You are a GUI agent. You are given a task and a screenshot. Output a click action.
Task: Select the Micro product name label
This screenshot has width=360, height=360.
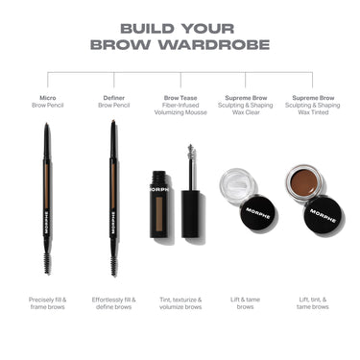(48, 97)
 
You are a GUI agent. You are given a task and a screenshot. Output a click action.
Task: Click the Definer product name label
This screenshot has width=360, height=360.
(114, 97)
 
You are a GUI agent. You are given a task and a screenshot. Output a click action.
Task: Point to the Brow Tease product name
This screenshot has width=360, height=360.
(180, 97)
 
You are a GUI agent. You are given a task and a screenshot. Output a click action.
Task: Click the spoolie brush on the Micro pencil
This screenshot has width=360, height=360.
(47, 260)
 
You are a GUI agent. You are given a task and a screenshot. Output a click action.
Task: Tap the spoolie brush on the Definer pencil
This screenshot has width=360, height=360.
(113, 260)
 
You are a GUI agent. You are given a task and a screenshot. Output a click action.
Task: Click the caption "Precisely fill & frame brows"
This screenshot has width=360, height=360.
(48, 305)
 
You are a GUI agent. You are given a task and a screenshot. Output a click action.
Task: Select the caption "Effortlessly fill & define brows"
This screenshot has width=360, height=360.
(114, 305)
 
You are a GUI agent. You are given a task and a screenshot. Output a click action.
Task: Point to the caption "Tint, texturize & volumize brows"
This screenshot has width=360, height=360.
(180, 305)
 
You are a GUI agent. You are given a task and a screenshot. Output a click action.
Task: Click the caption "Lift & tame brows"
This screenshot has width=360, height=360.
(246, 305)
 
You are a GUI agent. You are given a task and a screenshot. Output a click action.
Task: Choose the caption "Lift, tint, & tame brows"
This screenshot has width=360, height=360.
(312, 305)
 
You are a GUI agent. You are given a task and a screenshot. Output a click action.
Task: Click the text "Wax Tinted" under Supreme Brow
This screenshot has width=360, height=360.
(312, 112)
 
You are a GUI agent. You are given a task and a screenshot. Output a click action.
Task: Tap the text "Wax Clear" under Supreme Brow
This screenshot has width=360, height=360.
(246, 112)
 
